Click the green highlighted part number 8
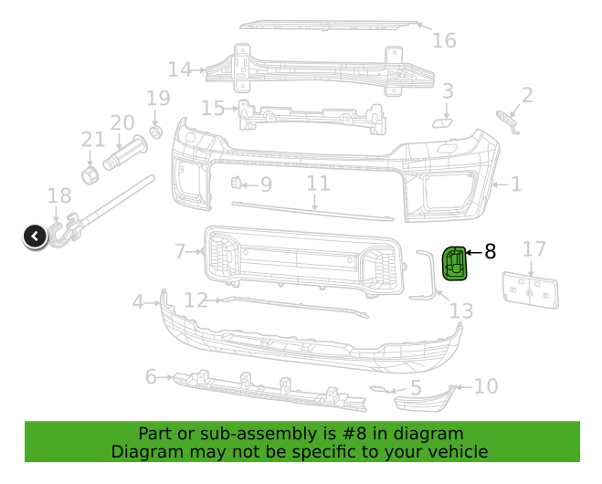point(453,263)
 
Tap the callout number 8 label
point(490,250)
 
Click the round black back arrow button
point(35,237)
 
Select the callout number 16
point(444,40)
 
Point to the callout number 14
point(179,68)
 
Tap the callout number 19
point(158,99)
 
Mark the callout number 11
point(317,184)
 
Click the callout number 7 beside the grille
point(180,250)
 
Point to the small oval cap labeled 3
point(441,121)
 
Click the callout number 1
point(516,184)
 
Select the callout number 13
point(461,311)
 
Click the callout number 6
point(152,376)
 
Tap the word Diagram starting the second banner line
point(147,452)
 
